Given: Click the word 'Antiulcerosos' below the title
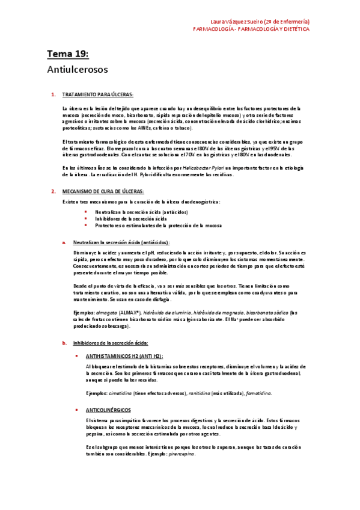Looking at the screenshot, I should (x=78, y=70).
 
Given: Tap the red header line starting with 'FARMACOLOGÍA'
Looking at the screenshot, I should (x=251, y=28).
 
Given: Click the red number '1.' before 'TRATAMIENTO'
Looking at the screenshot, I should (x=53, y=94).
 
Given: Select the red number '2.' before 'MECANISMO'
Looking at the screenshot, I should (x=53, y=191).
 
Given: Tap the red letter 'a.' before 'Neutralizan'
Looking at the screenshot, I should (x=64, y=242).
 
